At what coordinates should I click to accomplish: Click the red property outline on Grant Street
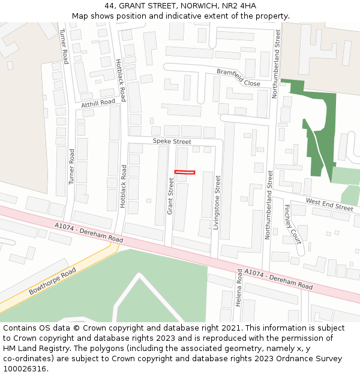point(185,172)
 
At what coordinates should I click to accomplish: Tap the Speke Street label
point(172,142)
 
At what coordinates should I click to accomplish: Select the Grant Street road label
point(170,196)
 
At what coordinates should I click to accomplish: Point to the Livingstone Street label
point(218,199)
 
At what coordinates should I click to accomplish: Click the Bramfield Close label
point(238,77)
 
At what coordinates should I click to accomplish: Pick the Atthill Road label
point(98,103)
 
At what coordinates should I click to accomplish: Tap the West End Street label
point(329,204)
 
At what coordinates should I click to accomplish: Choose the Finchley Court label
point(292,224)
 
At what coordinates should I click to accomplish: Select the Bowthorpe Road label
point(52,281)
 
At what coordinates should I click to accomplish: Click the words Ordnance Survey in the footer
point(313,359)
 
